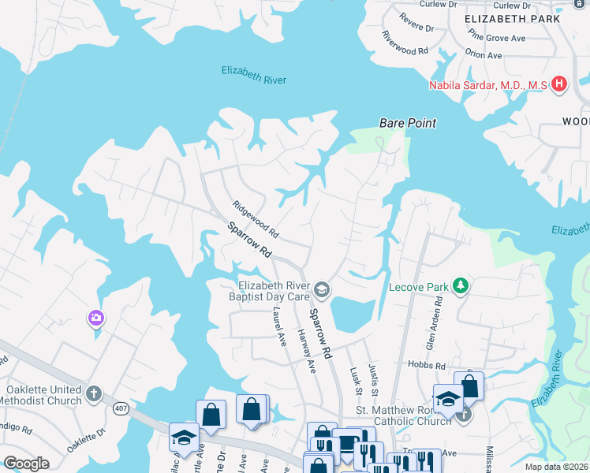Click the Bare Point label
[x=407, y=124]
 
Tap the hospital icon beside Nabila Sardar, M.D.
[x=558, y=84]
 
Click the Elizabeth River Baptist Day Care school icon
[x=321, y=291]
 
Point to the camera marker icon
[x=96, y=318]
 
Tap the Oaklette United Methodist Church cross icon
[x=93, y=393]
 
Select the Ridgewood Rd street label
[x=256, y=219]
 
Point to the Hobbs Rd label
[x=427, y=364]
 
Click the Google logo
[x=26, y=464]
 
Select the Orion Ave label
[x=484, y=55]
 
